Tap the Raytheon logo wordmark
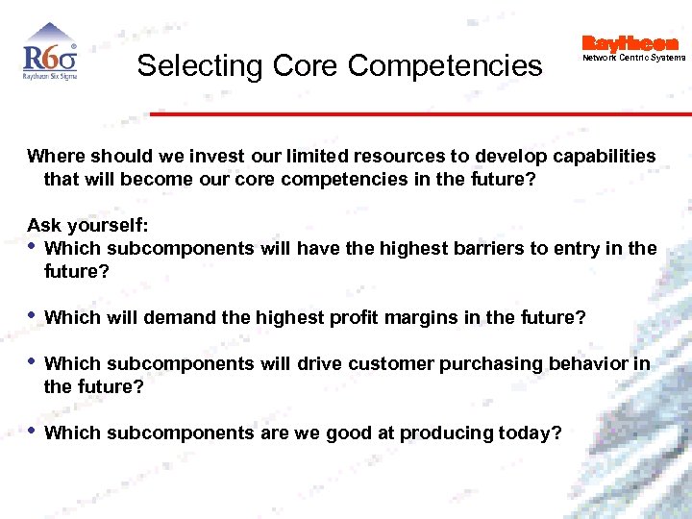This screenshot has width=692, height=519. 630,43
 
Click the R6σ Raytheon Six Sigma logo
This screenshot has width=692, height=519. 50,56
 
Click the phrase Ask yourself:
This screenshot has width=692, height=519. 87,225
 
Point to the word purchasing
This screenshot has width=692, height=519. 488,363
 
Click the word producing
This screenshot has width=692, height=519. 446,432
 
